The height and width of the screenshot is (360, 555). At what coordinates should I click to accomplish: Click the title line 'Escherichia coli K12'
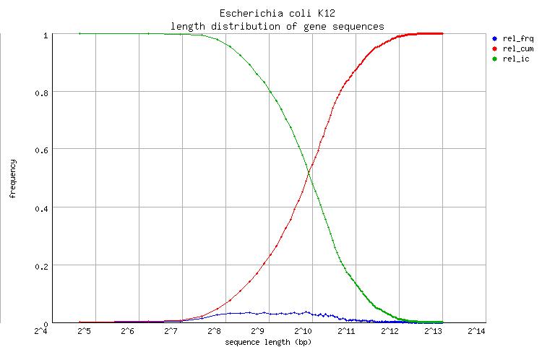(277, 14)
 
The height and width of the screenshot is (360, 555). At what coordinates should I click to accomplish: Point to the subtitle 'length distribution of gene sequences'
(277, 26)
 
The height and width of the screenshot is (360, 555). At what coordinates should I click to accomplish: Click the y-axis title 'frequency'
(12, 179)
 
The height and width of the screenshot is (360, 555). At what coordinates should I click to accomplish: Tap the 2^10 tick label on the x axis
(302, 331)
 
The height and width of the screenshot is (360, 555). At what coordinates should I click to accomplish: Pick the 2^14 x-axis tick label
(476, 331)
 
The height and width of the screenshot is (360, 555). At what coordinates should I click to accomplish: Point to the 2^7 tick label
(171, 331)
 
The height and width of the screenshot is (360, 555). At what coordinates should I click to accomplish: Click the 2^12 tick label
(389, 331)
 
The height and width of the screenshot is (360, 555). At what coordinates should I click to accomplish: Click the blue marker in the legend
(494, 38)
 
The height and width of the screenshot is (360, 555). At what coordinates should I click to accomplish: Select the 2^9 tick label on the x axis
(258, 331)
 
